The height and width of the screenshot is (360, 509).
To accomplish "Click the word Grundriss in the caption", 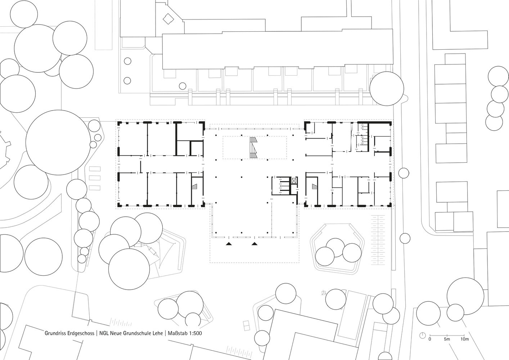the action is coord(55,333).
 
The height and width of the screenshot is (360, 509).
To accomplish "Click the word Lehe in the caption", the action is coord(159,333).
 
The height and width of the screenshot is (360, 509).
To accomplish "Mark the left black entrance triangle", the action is coord(229,244).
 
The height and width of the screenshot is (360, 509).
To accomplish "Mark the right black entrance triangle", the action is coord(254,244).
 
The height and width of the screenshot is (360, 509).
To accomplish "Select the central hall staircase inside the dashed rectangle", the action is coord(253,148).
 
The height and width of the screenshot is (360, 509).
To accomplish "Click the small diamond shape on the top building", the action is coord(168,19).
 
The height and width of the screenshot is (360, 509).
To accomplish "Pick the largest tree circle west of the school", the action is coord(58,143).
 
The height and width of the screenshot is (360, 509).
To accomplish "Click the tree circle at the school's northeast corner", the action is coord(387,89).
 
